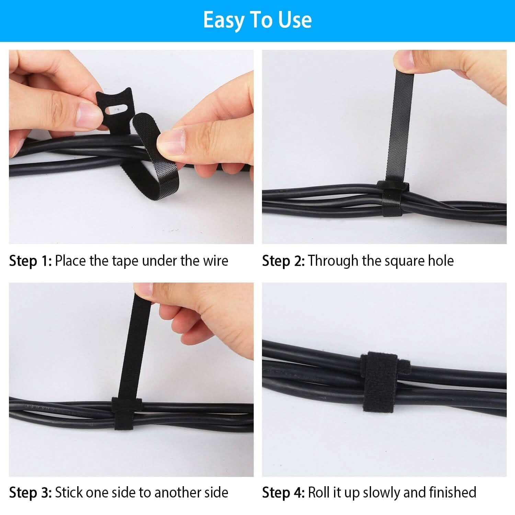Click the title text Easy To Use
click(257, 20)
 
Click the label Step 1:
click(30, 261)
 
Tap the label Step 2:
click(283, 261)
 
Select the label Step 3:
click(30, 493)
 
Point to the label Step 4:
click(283, 493)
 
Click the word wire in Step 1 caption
click(215, 261)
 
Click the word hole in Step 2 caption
click(440, 261)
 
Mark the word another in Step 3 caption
click(170, 493)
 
